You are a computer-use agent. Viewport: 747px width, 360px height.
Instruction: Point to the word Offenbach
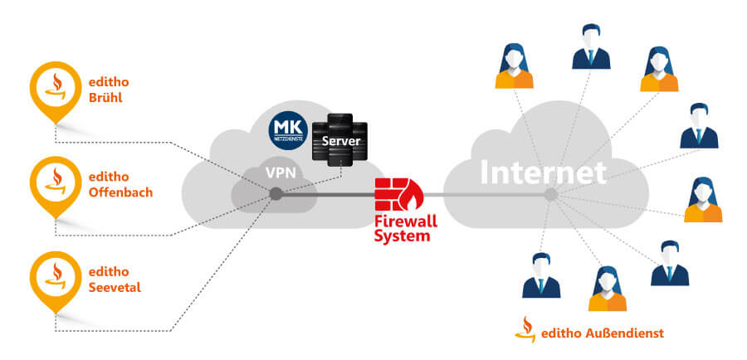pyautogui.click(x=120, y=192)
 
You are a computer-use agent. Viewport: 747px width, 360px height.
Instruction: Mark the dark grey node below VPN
pyautogui.click(x=275, y=194)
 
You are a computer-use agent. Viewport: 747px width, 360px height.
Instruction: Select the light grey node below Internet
pyautogui.click(x=549, y=194)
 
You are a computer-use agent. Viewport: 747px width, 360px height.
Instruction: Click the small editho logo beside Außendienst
pyautogui.click(x=524, y=328)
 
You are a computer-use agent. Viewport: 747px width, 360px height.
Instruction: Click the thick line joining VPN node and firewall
pyautogui.click(x=328, y=195)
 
